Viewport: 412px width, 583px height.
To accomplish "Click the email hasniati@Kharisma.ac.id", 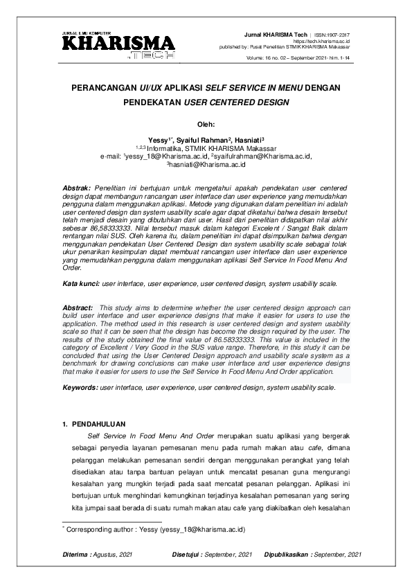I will (210, 165).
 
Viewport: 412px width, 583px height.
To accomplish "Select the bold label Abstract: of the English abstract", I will (77, 307).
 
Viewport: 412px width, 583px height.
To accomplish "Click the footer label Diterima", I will (75, 555).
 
